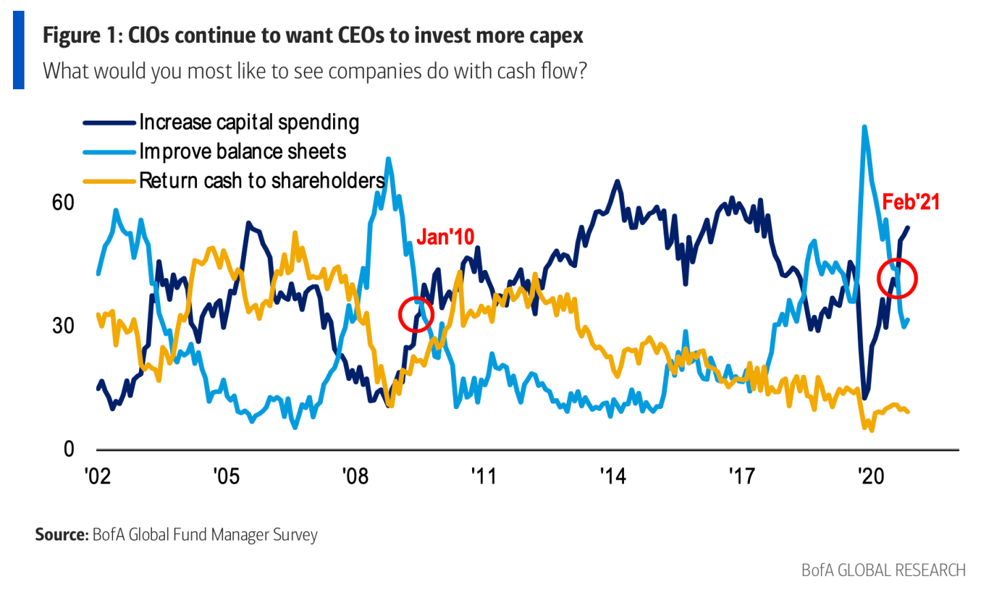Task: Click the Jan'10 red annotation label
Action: click(x=445, y=237)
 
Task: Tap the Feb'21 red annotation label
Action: click(x=910, y=202)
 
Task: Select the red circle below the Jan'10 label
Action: click(x=416, y=314)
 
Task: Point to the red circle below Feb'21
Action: click(x=897, y=278)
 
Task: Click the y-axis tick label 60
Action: click(x=63, y=202)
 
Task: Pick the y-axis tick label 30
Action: click(x=63, y=326)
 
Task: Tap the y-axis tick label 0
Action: click(x=69, y=449)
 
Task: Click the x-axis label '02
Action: click(x=97, y=476)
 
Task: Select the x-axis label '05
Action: click(x=226, y=476)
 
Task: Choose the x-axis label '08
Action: click(x=355, y=476)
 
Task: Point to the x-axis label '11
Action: click(x=484, y=476)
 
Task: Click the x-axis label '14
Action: click(x=612, y=476)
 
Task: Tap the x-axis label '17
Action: click(x=742, y=476)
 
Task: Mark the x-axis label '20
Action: click(x=871, y=476)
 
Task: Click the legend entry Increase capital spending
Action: click(x=249, y=123)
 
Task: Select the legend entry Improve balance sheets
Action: click(x=243, y=151)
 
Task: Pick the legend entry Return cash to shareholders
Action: click(x=262, y=181)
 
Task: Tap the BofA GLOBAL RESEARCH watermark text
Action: click(x=883, y=570)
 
